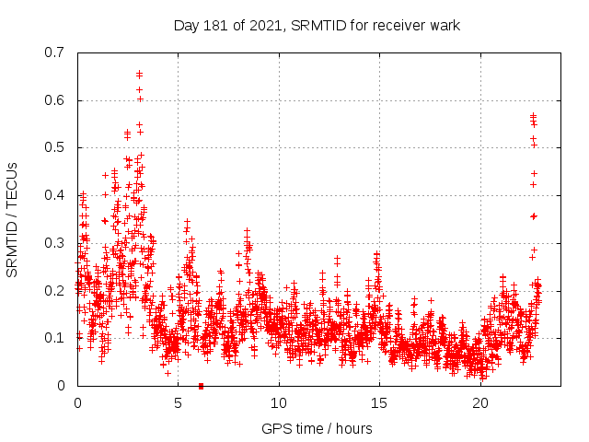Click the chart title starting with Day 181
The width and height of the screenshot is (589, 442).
[x=317, y=25]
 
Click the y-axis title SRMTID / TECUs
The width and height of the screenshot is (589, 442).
[x=13, y=219]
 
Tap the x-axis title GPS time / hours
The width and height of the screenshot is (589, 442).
[x=317, y=428]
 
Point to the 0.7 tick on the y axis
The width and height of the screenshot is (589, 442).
[x=58, y=52]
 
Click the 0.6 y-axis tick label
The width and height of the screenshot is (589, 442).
[x=58, y=100]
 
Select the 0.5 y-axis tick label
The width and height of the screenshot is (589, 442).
[x=58, y=147]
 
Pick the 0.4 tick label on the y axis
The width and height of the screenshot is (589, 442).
[x=58, y=195]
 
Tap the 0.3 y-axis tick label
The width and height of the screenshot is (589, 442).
[x=58, y=243]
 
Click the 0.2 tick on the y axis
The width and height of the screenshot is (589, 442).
[x=58, y=290]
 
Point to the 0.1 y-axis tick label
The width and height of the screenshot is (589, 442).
[x=58, y=338]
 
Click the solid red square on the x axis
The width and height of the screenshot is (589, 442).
[x=201, y=386]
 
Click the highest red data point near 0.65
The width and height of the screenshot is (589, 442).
[x=139, y=74]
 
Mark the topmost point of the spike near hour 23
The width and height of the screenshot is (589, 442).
[x=533, y=116]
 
